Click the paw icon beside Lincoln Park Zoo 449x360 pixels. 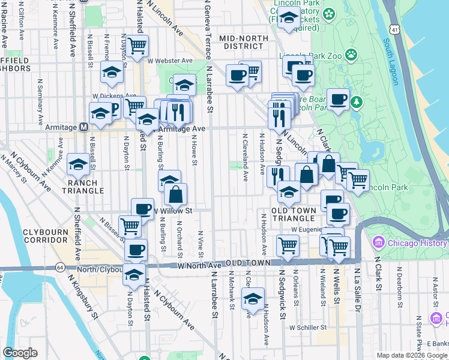pyautogui.click(x=351, y=56)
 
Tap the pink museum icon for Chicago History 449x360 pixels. pyautogui.click(x=378, y=243)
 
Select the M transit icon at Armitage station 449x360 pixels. pyautogui.click(x=83, y=127)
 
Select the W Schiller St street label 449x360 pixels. pyautogui.click(x=307, y=328)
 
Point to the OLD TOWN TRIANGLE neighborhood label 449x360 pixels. pyautogui.click(x=293, y=215)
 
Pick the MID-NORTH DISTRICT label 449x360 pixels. pyautogui.click(x=244, y=43)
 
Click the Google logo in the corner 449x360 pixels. pyautogui.click(x=20, y=353)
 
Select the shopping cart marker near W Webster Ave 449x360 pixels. pyautogui.click(x=137, y=45)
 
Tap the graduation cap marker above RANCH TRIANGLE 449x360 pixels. pyautogui.click(x=79, y=164)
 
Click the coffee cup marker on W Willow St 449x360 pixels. pyautogui.click(x=142, y=208)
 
